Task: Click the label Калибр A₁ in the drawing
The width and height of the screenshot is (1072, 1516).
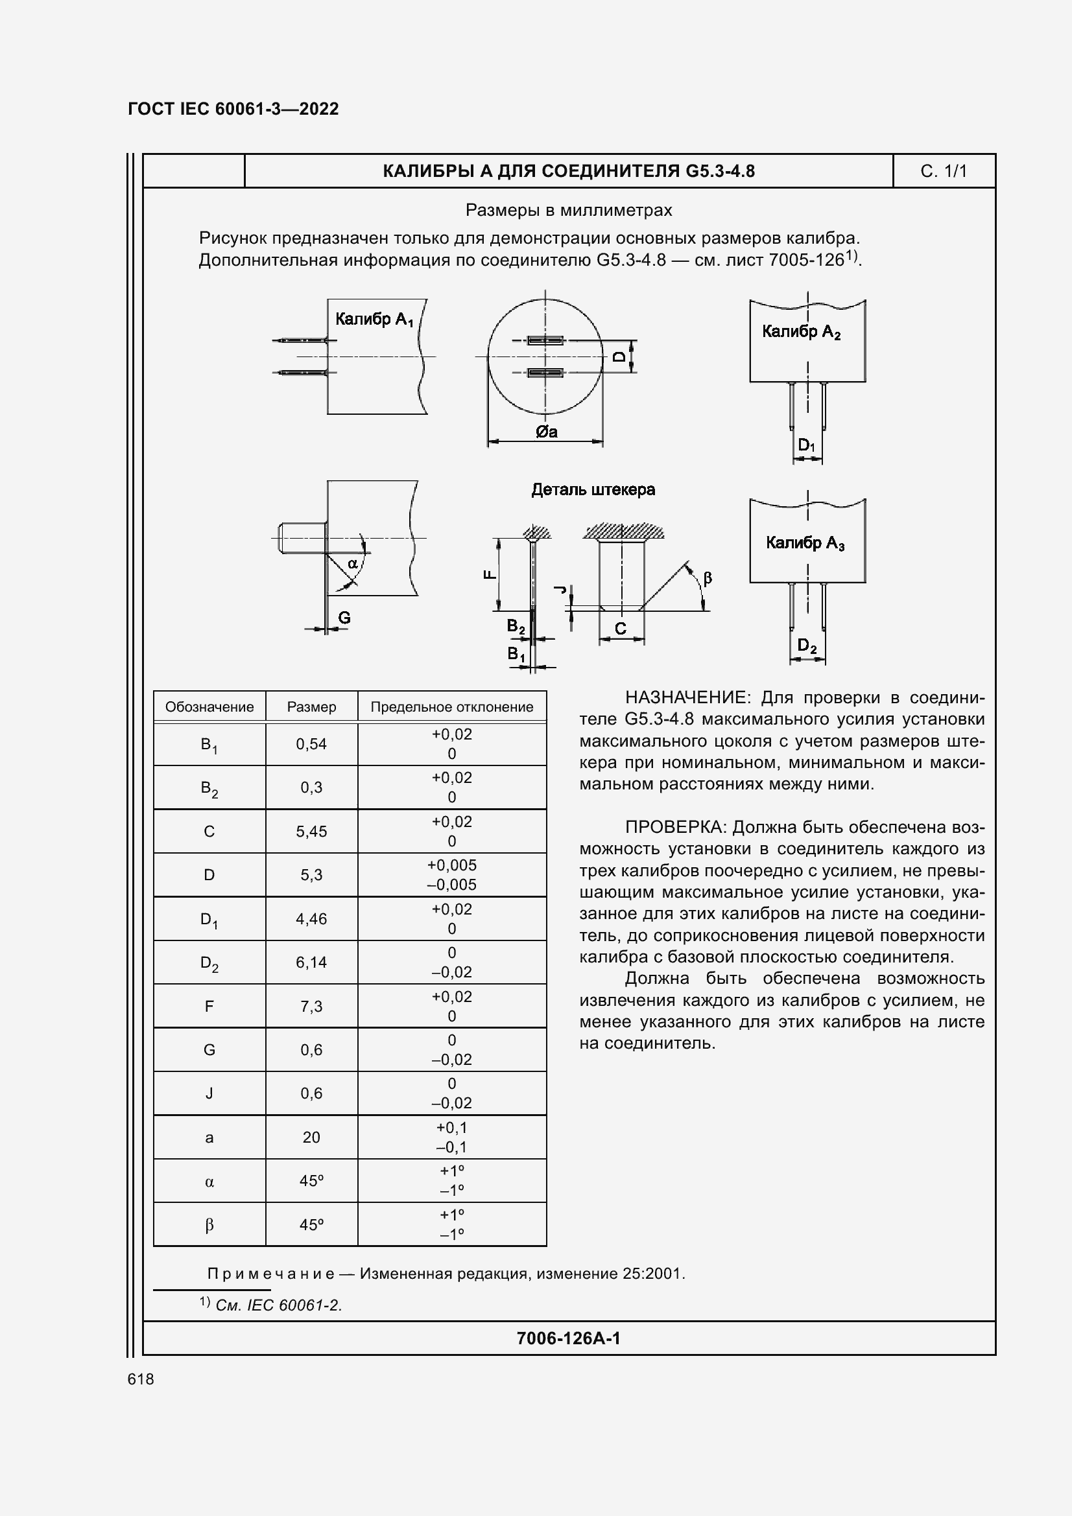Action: point(374,320)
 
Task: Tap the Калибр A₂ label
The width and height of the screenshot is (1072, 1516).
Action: point(800,331)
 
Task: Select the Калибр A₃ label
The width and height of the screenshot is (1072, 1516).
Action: point(805,542)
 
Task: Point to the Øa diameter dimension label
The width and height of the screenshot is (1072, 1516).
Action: point(546,432)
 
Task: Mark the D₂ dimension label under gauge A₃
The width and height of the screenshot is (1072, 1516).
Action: point(807,645)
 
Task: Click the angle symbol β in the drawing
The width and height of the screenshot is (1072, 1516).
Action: point(708,578)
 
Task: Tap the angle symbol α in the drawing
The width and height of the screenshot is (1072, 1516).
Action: point(352,563)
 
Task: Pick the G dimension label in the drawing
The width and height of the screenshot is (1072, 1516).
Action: point(344,618)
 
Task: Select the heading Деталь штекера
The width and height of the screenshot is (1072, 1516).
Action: point(593,489)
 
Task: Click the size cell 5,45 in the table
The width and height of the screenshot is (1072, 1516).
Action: point(311,832)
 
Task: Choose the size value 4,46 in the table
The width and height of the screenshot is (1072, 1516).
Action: point(311,918)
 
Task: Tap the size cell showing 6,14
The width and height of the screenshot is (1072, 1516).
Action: point(311,962)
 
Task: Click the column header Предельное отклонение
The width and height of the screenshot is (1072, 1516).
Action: point(452,706)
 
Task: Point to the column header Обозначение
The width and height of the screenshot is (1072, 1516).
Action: point(209,706)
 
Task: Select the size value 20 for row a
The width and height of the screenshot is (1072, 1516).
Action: point(311,1137)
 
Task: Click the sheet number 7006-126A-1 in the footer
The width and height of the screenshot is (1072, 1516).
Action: point(568,1338)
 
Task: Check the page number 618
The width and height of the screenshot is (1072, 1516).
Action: point(141,1379)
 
